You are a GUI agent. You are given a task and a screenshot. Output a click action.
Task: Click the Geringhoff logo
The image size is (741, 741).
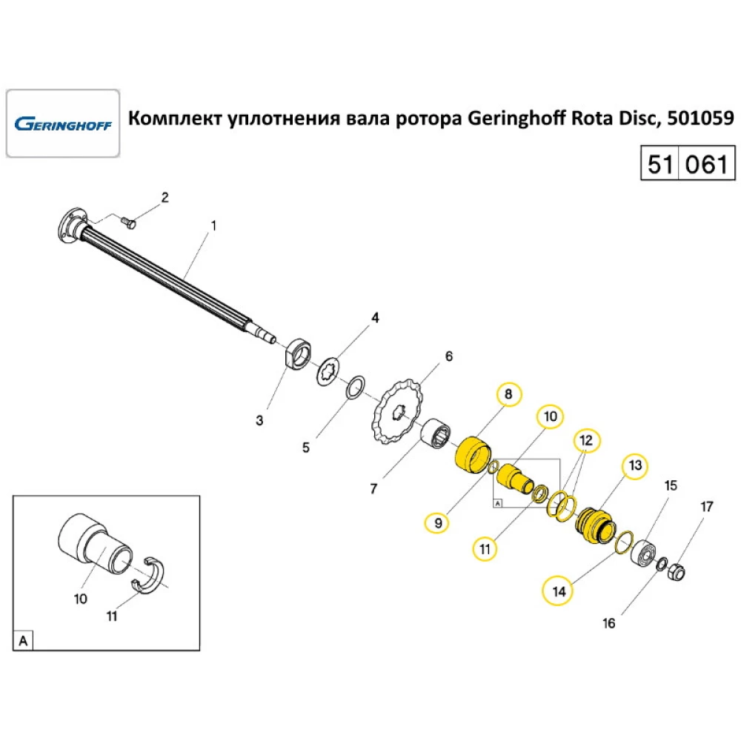[x=62, y=123]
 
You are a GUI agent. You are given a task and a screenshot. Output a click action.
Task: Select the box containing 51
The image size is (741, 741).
[x=659, y=163]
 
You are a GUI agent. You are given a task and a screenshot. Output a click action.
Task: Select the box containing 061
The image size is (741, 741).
[x=706, y=163]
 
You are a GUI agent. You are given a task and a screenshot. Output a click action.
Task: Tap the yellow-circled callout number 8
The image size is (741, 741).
[x=508, y=395]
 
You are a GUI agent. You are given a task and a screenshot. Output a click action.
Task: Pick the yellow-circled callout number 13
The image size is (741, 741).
[x=634, y=465]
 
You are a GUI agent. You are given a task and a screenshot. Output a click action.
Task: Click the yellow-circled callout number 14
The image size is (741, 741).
[x=558, y=591]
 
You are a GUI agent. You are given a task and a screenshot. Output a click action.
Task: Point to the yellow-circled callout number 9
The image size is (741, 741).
[x=438, y=522]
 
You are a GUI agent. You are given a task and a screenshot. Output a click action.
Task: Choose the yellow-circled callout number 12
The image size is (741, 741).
[x=586, y=440]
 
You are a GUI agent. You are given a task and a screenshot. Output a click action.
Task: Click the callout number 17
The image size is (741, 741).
[x=706, y=507]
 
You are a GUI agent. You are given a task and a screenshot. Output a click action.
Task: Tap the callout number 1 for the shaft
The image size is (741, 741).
[x=214, y=225]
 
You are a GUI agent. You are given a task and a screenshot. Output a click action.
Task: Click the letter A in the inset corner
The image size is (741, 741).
[x=23, y=640]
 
